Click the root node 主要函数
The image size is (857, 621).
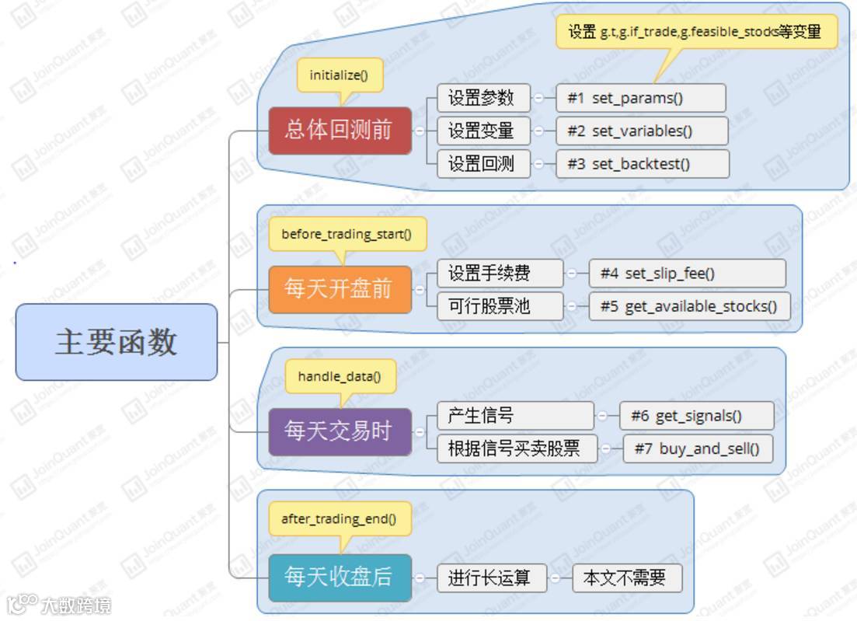pyautogui.click(x=117, y=342)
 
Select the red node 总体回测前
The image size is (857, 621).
pyautogui.click(x=340, y=131)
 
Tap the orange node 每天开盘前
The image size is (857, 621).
pyautogui.click(x=340, y=290)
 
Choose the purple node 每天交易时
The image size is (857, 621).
pyautogui.click(x=340, y=431)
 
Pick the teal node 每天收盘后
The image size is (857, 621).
pyautogui.click(x=340, y=577)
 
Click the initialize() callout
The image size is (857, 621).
pyautogui.click(x=340, y=75)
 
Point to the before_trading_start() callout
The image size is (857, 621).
pyautogui.click(x=347, y=234)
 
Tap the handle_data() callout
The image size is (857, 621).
pyautogui.click(x=340, y=377)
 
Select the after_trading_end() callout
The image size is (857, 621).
pyautogui.click(x=340, y=519)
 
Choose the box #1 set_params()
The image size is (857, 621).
pyautogui.click(x=641, y=98)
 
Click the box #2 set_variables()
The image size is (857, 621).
pyautogui.click(x=642, y=131)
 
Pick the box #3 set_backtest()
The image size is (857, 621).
pyautogui.click(x=643, y=164)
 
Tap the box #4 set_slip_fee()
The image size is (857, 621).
pyautogui.click(x=687, y=274)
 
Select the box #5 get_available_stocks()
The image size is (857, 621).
pyautogui.click(x=689, y=306)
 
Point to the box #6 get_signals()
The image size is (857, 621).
pyautogui.click(x=697, y=416)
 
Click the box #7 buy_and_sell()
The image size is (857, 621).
pyautogui.click(x=698, y=448)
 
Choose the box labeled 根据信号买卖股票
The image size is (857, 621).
pyautogui.click(x=517, y=448)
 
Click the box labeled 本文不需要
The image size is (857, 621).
pyautogui.click(x=627, y=578)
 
